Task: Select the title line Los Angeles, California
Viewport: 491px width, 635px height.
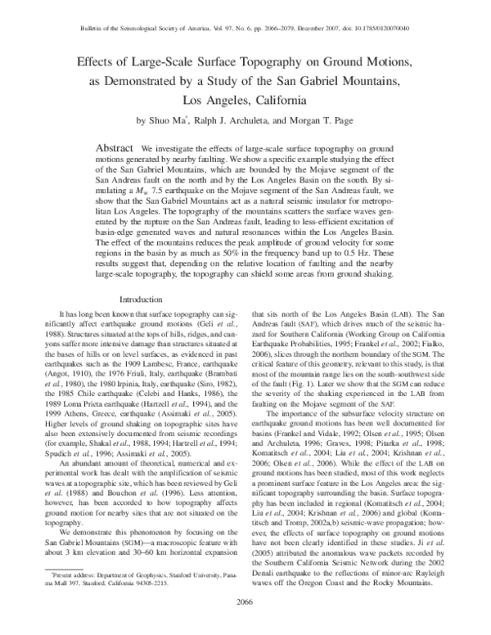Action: (x=245, y=101)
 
